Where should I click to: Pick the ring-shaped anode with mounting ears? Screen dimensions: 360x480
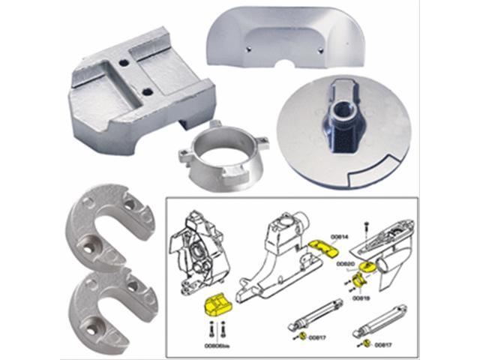pos(217,150)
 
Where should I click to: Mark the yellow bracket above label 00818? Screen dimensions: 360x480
pos(357,283)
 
